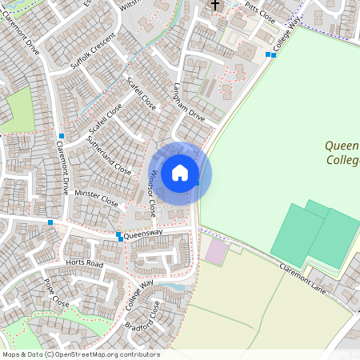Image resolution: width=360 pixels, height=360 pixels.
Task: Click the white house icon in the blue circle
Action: (180, 172)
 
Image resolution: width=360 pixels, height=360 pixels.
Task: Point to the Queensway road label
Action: (143, 233)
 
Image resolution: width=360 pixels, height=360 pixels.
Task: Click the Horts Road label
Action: (84, 263)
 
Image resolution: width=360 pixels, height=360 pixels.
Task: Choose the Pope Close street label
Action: (57, 293)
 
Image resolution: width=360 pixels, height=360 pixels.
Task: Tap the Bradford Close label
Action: (143, 319)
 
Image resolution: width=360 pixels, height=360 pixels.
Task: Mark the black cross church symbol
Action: (214, 6)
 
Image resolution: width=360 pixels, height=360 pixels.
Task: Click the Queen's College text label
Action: (342, 153)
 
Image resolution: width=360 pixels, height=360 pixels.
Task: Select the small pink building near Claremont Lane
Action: (216, 251)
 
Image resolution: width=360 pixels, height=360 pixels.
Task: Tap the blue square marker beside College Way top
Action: (270, 54)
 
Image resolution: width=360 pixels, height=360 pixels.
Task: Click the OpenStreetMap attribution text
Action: (81, 354)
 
